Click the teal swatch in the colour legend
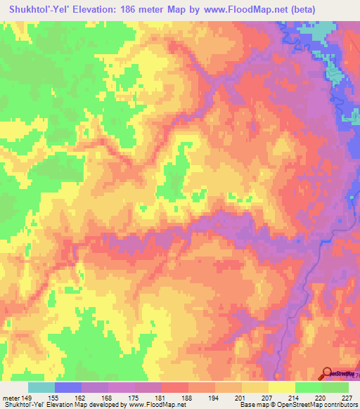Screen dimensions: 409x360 click(41, 387)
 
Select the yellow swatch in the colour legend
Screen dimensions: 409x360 click(282, 387)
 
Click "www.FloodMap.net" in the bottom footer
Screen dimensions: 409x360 click(152, 405)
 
